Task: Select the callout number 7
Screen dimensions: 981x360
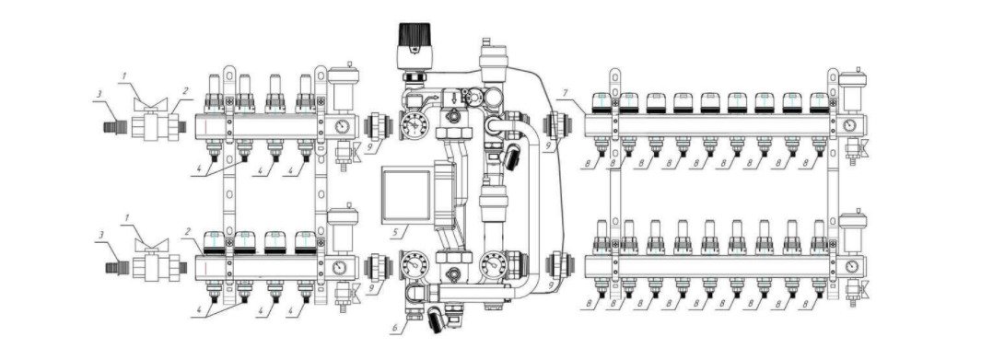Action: coord(565,94)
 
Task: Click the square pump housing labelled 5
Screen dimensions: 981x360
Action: coord(403,198)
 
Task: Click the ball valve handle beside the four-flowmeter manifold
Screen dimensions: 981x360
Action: coord(151,102)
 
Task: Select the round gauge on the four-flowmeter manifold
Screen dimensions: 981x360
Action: coord(342,126)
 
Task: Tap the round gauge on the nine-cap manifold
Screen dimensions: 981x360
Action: coord(849,125)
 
